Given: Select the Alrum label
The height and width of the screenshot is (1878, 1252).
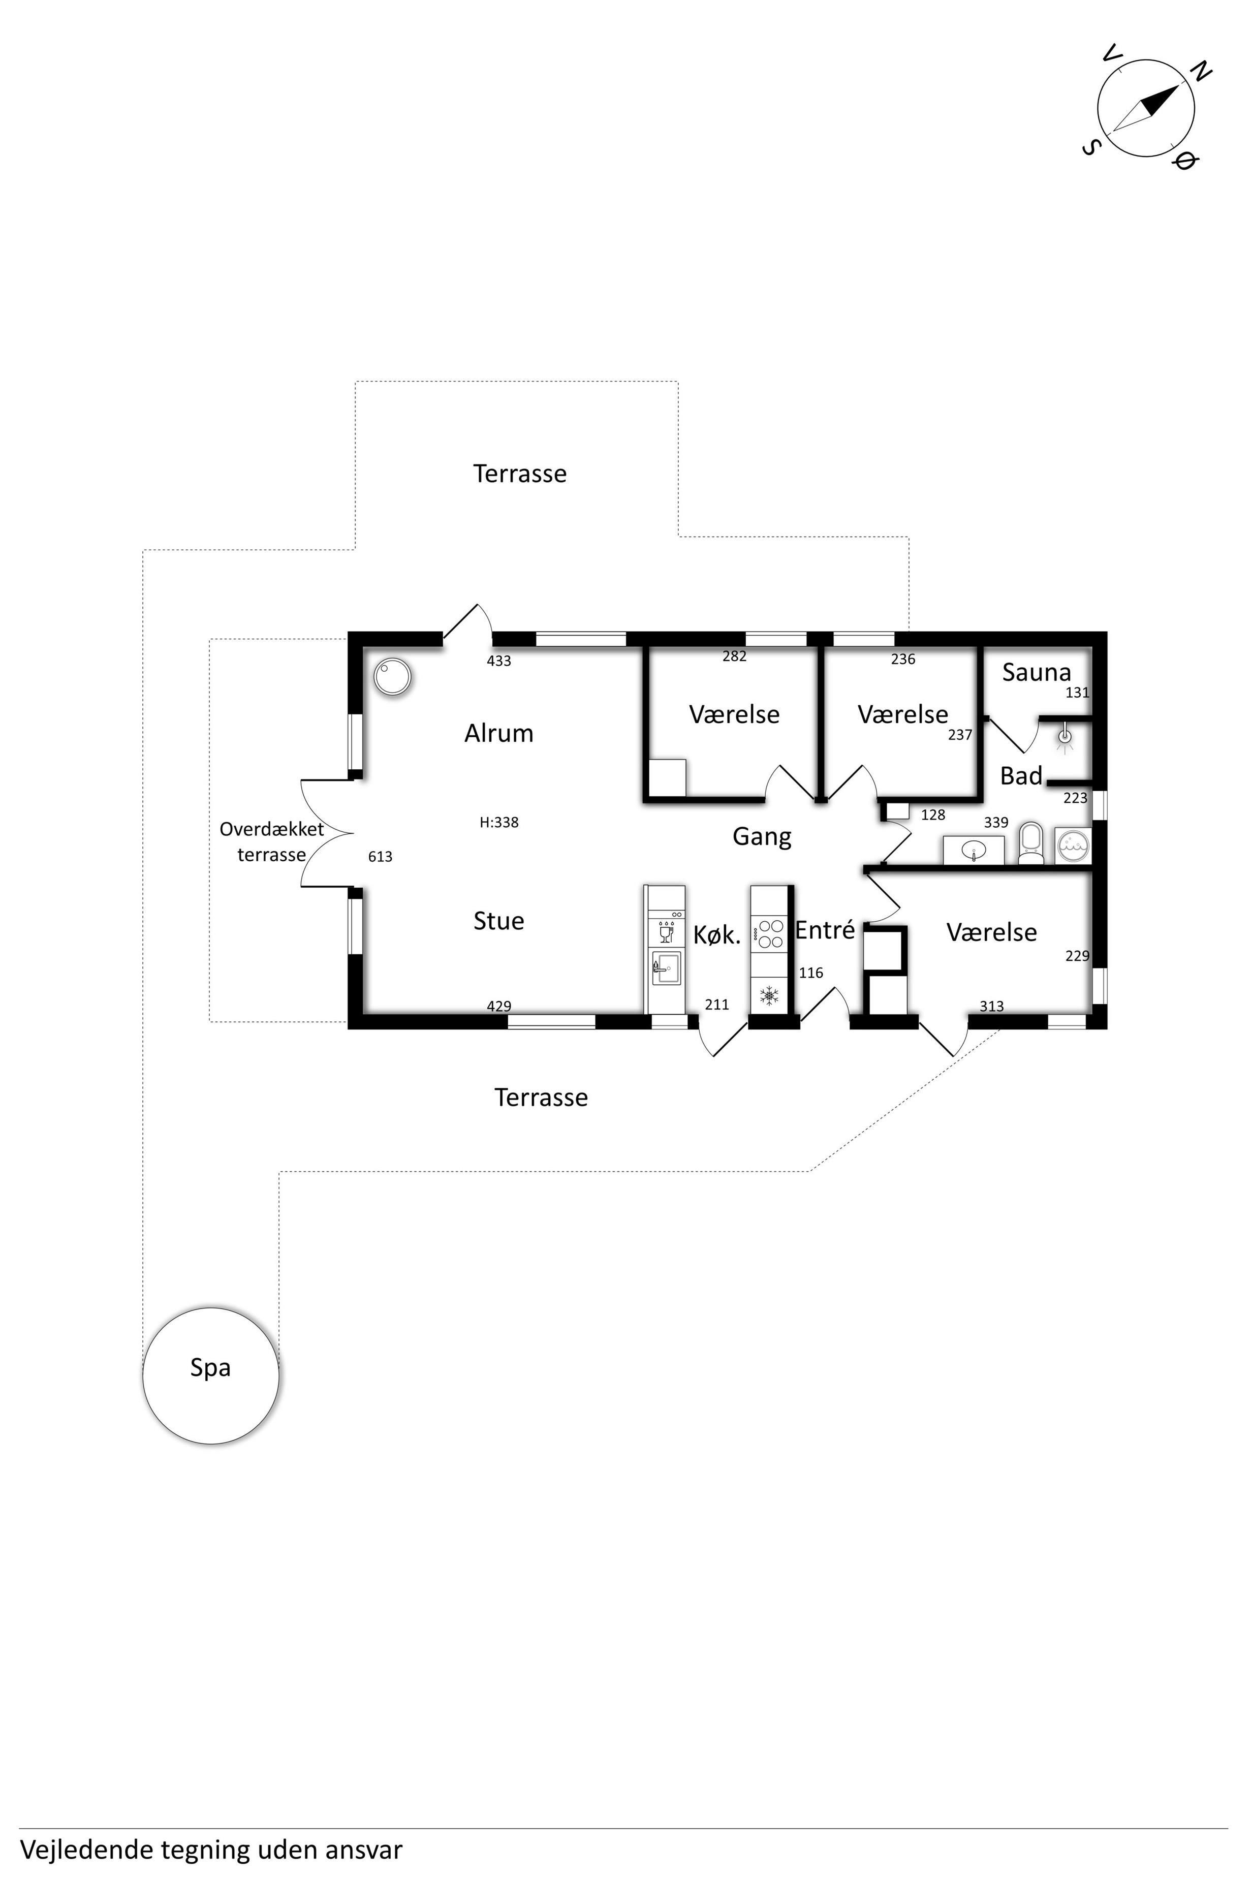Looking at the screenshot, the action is (x=499, y=733).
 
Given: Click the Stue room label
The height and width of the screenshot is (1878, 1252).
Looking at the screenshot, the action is (x=499, y=921).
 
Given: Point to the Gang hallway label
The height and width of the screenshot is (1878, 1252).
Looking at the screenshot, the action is (x=762, y=837).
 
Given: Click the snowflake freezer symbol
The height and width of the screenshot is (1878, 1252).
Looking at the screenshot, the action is (x=769, y=996).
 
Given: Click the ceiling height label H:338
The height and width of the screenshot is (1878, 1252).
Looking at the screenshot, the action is (x=499, y=823).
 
